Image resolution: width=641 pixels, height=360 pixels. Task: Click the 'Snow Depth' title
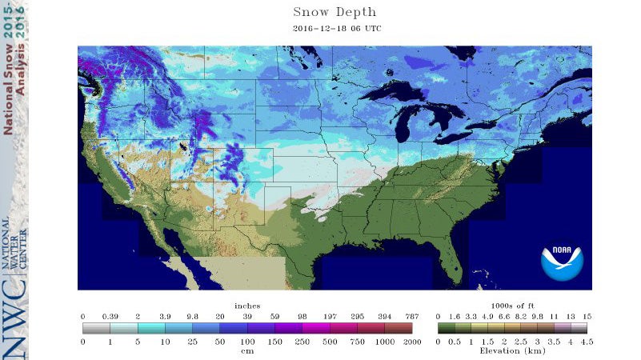click(x=335, y=12)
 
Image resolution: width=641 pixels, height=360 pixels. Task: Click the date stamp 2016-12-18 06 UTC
click(x=334, y=29)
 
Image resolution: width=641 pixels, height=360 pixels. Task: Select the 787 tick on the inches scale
click(x=411, y=317)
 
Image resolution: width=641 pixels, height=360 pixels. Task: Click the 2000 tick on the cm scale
click(x=411, y=342)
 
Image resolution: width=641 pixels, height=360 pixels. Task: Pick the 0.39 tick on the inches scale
click(x=110, y=317)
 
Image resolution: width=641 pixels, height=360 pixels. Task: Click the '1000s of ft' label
click(x=513, y=306)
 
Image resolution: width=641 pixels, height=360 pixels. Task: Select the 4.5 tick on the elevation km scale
click(x=587, y=342)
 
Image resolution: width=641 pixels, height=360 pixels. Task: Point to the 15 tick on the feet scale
click(x=587, y=317)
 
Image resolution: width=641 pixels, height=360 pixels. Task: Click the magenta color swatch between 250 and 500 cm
click(x=315, y=328)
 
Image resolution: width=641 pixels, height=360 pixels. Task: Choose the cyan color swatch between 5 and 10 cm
click(x=151, y=328)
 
